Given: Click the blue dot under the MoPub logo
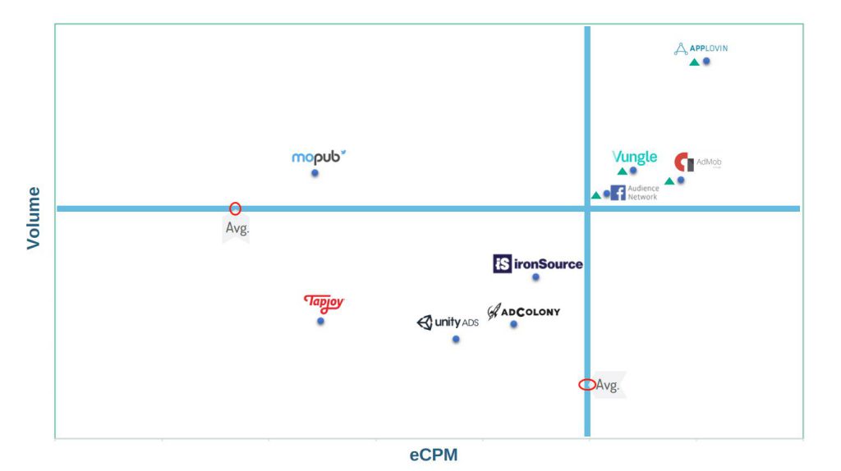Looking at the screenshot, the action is coord(315,173).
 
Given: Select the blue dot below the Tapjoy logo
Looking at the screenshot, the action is coord(320,321).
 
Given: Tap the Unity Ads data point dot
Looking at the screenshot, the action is coord(455,339).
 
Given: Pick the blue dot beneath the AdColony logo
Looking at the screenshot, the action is coord(513,324).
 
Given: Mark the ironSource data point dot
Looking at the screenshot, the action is coord(535,277).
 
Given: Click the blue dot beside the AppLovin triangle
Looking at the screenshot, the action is coord(706,61).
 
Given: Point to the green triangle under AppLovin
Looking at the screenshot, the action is coord(694,62).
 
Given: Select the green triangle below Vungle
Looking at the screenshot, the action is coord(623,171).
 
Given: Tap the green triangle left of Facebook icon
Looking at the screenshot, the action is coord(596,195).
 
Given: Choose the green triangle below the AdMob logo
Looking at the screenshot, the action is coord(669,181).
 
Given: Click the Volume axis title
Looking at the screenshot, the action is coord(33,218).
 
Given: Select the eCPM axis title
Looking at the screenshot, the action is coord(434,455).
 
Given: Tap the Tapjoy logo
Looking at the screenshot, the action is coord(324,304).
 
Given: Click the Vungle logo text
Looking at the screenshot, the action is coord(635,157).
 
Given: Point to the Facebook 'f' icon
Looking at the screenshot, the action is coord(618,193).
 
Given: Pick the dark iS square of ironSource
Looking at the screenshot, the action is coord(502,263).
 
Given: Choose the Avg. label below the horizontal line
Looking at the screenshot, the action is coord(237,228).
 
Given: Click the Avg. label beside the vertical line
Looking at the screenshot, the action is coord(608,386).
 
